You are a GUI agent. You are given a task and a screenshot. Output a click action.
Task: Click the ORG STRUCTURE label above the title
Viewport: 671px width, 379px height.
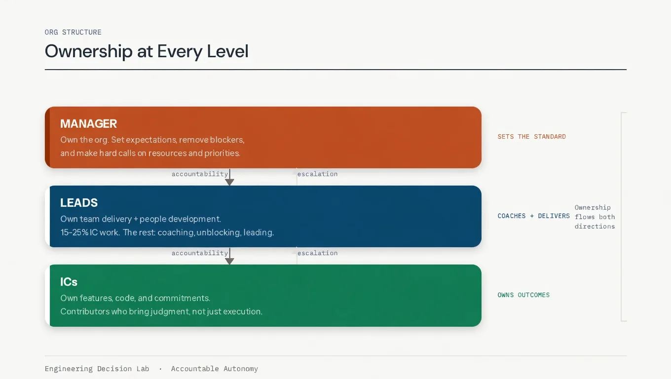click(73, 32)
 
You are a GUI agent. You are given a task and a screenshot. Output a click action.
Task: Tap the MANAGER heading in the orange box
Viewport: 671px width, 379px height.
click(89, 124)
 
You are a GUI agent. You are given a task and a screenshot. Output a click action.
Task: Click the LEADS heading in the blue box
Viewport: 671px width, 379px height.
click(79, 203)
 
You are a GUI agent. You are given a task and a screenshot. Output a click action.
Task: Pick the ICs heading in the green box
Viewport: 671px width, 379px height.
click(69, 282)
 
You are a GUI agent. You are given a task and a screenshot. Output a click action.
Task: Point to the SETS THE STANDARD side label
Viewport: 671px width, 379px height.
click(531, 137)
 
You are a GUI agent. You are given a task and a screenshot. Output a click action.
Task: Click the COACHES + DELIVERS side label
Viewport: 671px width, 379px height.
click(533, 216)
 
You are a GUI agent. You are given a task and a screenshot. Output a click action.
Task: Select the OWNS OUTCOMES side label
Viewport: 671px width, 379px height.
click(523, 295)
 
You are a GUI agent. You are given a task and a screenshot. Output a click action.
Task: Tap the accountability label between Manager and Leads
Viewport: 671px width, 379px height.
click(200, 174)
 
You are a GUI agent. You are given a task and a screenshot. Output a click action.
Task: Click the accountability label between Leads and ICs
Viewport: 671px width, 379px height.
click(200, 253)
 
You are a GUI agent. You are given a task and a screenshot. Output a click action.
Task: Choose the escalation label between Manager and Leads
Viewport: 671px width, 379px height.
click(317, 174)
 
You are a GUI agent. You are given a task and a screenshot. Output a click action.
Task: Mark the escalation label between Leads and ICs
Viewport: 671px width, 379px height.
click(317, 253)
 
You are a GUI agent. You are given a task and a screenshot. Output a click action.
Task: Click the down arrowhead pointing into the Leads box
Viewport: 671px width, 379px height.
click(229, 182)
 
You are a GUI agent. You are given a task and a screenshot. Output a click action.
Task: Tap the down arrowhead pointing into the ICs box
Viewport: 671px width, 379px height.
click(229, 261)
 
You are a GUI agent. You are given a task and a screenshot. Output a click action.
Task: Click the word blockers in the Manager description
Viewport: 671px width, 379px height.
click(227, 140)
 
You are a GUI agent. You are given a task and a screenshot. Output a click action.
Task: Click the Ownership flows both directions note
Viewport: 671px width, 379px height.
click(595, 217)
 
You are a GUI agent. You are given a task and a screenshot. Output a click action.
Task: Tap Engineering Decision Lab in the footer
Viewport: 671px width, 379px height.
click(97, 369)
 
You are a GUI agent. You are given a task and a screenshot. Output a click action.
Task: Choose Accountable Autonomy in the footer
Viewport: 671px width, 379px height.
click(214, 369)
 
